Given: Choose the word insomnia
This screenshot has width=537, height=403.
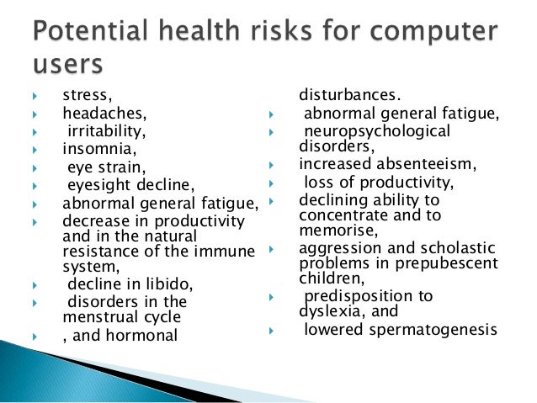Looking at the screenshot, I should pos(95,149).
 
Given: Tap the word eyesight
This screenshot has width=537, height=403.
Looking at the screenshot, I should pos(101,185).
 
